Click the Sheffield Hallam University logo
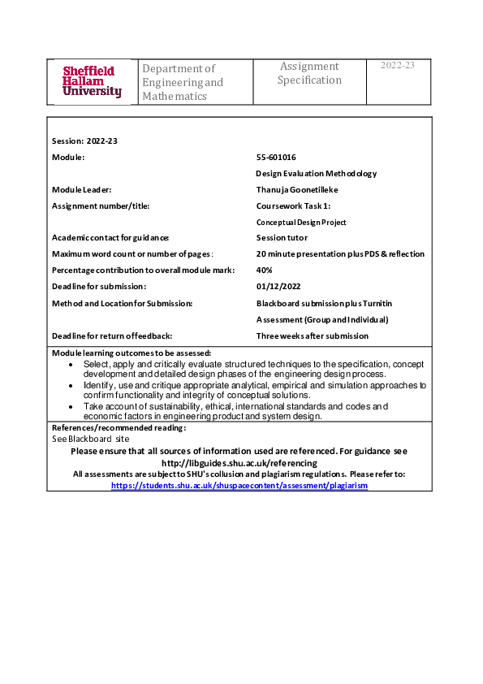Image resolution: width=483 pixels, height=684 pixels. coord(93,81)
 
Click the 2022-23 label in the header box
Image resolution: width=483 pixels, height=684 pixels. coord(398,66)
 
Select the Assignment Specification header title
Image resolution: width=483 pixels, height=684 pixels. coord(309,73)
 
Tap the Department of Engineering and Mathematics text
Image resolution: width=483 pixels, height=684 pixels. coord(183,82)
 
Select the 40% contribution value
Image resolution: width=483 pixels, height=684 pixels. coord(265,270)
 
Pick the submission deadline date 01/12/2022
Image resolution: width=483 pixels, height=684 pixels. coord(278,286)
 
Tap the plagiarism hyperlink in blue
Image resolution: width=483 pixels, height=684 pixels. coord(239,485)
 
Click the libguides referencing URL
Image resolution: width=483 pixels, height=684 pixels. coord(239,462)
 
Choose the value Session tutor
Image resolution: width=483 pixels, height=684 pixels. coord(282,237)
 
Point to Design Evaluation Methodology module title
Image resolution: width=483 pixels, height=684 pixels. coord(317,173)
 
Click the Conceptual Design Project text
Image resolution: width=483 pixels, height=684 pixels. coord(301,222)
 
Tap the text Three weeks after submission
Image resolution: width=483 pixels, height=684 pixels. coord(313,336)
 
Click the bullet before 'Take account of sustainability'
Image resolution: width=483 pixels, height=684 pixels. coord(73,405)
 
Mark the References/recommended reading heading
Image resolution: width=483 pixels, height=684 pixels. coord(119,427)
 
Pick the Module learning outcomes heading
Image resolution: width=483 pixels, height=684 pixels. coord(132,353)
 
